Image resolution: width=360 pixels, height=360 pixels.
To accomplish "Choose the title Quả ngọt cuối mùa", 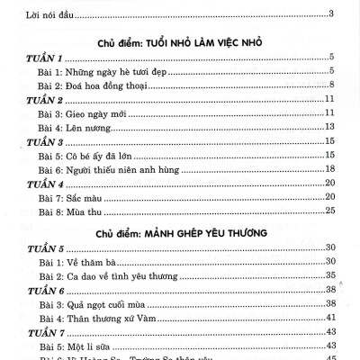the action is coord(105,303).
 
